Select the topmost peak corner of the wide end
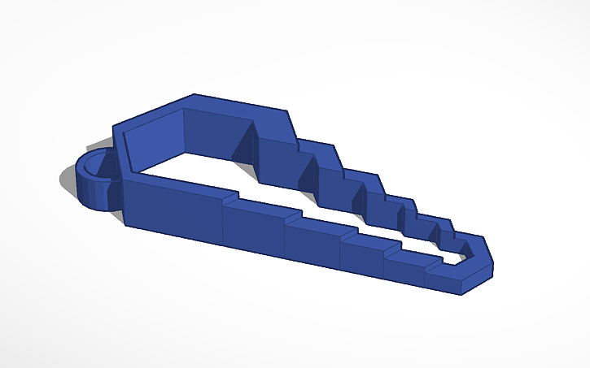194,96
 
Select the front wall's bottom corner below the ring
125,224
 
